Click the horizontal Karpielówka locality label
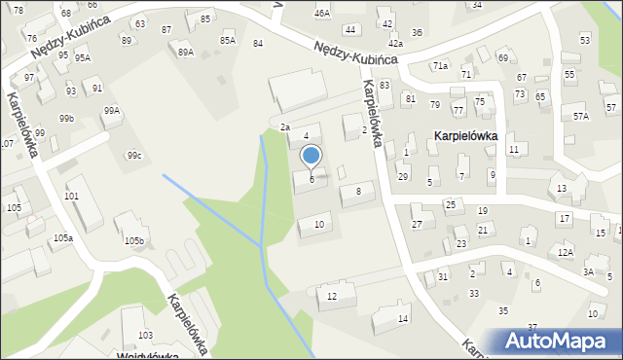(465, 136)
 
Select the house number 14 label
(403, 318)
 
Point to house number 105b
(133, 240)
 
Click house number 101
(72, 196)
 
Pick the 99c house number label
(134, 156)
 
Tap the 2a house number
(285, 127)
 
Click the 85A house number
(228, 40)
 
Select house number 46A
(322, 13)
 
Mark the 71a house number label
(441, 65)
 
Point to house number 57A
(581, 116)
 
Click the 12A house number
(566, 252)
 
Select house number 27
(417, 225)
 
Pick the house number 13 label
(562, 188)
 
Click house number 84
(258, 44)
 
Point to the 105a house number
(63, 237)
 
